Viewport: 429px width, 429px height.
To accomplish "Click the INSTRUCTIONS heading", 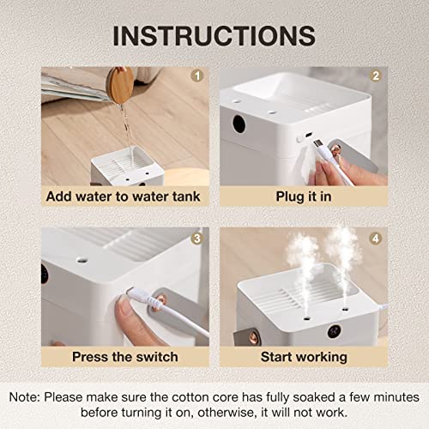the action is click(x=214, y=36).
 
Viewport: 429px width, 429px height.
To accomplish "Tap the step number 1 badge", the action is click(x=197, y=76).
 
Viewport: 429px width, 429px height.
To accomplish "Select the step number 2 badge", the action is click(x=376, y=76).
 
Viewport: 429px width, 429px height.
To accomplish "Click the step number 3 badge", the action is click(x=197, y=239).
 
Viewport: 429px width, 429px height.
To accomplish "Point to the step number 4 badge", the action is click(x=376, y=239).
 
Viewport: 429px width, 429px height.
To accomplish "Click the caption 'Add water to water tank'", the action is click(x=124, y=196).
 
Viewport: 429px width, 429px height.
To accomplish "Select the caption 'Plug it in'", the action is click(x=304, y=196).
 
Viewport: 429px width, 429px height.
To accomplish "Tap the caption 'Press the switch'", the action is click(x=125, y=357).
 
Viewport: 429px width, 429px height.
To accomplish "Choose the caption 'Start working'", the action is click(x=304, y=357).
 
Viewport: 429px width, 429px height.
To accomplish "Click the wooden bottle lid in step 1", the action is click(x=120, y=85).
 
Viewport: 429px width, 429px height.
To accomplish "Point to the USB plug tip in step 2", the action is click(x=317, y=143).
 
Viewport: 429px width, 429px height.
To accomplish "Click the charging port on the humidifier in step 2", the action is click(x=308, y=135).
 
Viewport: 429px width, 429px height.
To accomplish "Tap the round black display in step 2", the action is click(x=239, y=124).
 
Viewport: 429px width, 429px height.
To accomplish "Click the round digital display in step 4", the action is click(x=335, y=331).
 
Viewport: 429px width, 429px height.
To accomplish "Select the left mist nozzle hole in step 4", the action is click(x=307, y=317).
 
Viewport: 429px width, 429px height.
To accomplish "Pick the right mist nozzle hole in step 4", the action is click(x=345, y=309).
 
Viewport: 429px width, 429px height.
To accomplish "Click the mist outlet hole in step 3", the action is click(x=82, y=260).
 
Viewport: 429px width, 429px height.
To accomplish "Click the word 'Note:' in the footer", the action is click(x=25, y=397).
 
